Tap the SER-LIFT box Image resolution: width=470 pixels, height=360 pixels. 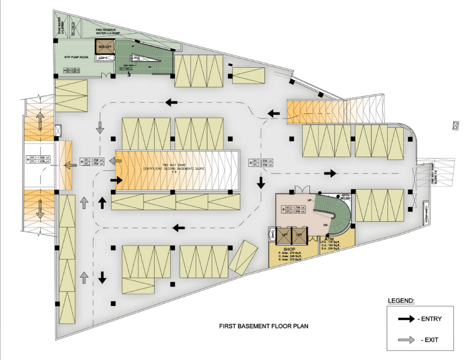pyautogui.click(x=104, y=47)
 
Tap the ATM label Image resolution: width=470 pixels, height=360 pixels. pyautogui.click(x=330, y=240)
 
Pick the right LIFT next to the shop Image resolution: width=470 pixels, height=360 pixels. pyautogui.click(x=299, y=235)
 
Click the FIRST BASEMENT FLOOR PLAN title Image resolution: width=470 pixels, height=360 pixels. pyautogui.click(x=263, y=326)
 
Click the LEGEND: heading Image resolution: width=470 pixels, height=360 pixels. pyautogui.click(x=401, y=301)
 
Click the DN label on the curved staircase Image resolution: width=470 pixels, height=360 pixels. pyautogui.click(x=325, y=225)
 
